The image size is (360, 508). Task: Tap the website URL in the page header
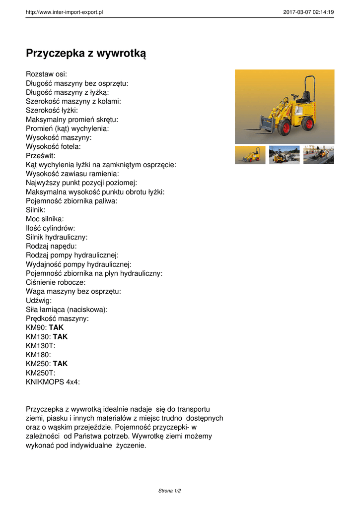64,12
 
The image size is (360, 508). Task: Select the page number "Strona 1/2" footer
169,491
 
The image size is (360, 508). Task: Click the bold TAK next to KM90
56,327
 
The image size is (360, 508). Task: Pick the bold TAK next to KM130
60,336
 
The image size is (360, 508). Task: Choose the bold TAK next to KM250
60,364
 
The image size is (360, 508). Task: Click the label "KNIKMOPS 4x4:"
53,381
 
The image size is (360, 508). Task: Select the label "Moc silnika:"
45,219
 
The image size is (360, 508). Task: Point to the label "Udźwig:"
39,300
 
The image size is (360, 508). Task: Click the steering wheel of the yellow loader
294,95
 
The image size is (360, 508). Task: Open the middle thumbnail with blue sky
284,155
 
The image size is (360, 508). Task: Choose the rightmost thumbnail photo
318,155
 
